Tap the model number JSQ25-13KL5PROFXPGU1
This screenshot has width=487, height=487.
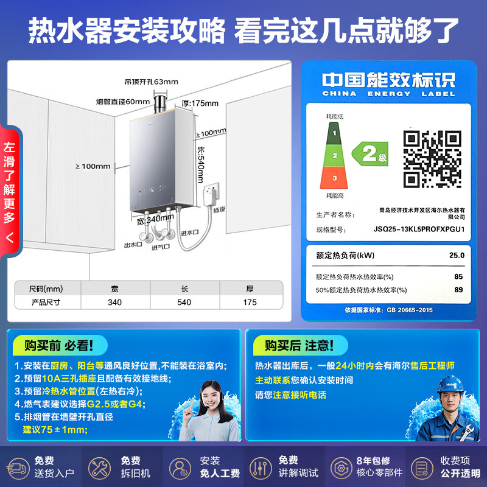[x=419, y=230]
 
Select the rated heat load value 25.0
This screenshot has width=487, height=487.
[x=456, y=256]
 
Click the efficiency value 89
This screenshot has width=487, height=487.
[x=458, y=290]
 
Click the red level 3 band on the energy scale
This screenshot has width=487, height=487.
[x=334, y=177]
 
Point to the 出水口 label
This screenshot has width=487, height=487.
[x=133, y=245]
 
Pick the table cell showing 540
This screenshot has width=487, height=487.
[x=184, y=302]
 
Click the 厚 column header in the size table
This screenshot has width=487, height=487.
[x=249, y=288]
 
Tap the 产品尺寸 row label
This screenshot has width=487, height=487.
[x=46, y=302]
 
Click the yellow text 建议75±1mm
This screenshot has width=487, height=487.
[x=55, y=430]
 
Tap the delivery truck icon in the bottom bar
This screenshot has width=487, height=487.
[x=18, y=467]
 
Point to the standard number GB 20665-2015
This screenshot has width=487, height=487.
[x=410, y=310]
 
